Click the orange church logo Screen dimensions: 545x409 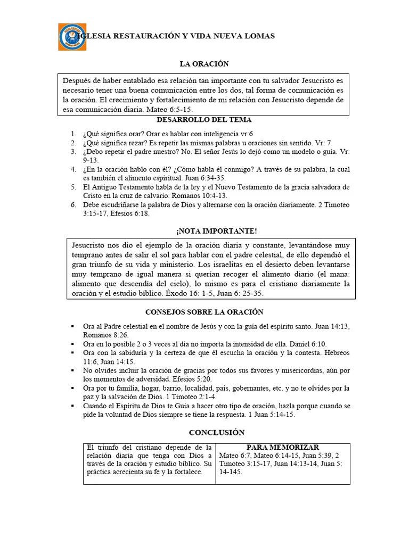[71, 37]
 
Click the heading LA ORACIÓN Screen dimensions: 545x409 [204, 64]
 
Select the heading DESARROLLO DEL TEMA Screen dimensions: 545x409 [204, 120]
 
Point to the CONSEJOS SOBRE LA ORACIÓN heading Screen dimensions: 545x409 [204, 312]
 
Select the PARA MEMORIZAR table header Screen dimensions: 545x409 [282, 448]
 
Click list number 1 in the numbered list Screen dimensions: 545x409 [73, 134]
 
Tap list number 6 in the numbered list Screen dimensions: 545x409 [73, 205]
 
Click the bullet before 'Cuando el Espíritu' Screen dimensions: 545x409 [72, 406]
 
